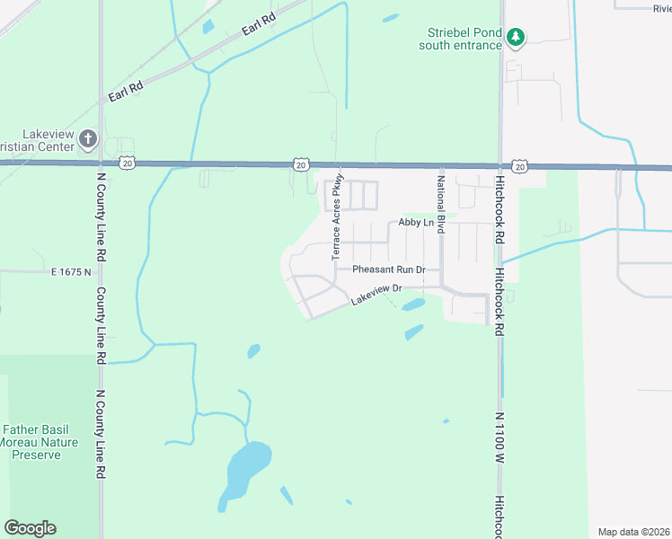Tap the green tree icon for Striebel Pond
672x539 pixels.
(516, 37)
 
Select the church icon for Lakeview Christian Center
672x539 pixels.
(87, 138)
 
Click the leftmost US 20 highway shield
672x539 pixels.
(128, 163)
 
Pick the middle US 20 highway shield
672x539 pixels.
(301, 164)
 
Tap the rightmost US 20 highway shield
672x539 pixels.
(519, 166)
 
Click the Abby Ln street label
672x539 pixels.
(416, 223)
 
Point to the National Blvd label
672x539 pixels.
(441, 205)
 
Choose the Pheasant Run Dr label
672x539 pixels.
(388, 269)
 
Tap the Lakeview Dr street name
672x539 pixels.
(375, 295)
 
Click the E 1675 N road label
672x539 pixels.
(73, 270)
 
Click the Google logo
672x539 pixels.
(30, 528)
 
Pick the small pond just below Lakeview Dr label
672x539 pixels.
(412, 305)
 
